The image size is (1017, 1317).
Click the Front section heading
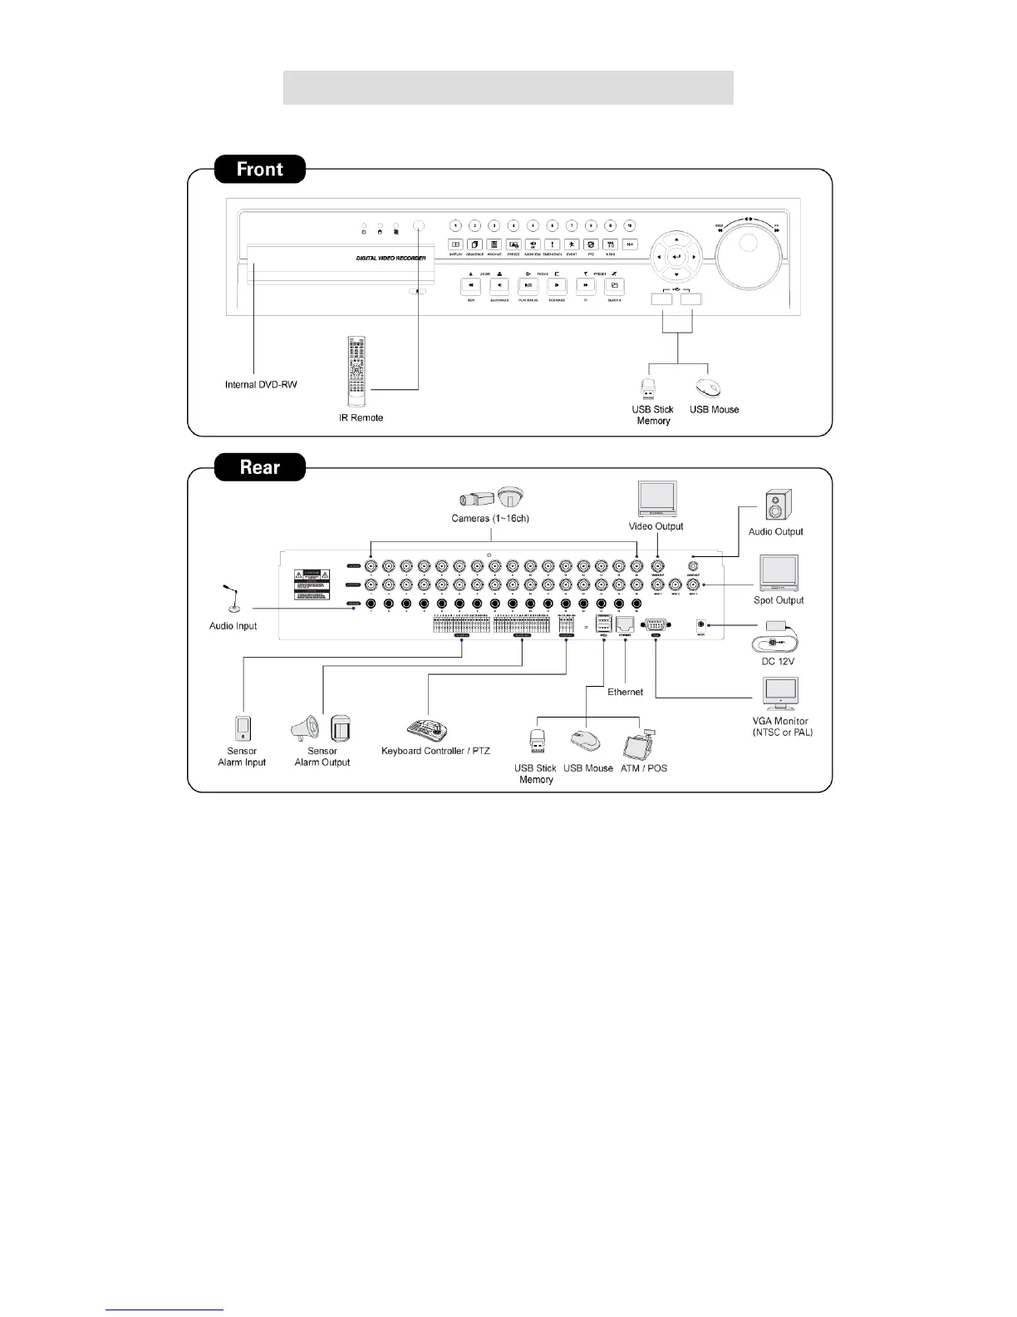[x=260, y=170]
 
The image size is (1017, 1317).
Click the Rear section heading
[x=260, y=467]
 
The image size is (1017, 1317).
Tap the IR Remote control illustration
[x=356, y=372]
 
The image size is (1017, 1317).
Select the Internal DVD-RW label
[x=261, y=385]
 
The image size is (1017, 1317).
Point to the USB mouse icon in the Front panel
[x=707, y=388]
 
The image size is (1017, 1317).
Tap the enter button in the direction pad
[x=676, y=258]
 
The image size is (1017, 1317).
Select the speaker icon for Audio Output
[x=778, y=506]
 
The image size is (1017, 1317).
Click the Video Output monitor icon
[x=656, y=500]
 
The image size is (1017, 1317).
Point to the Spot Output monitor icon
[x=779, y=574]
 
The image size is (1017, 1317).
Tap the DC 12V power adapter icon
[x=776, y=638]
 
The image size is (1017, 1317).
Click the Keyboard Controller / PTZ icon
[x=428, y=729]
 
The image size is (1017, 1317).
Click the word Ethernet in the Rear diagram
[x=625, y=692]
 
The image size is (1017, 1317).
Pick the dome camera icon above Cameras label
[x=511, y=497]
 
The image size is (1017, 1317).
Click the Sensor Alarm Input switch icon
[x=243, y=728]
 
